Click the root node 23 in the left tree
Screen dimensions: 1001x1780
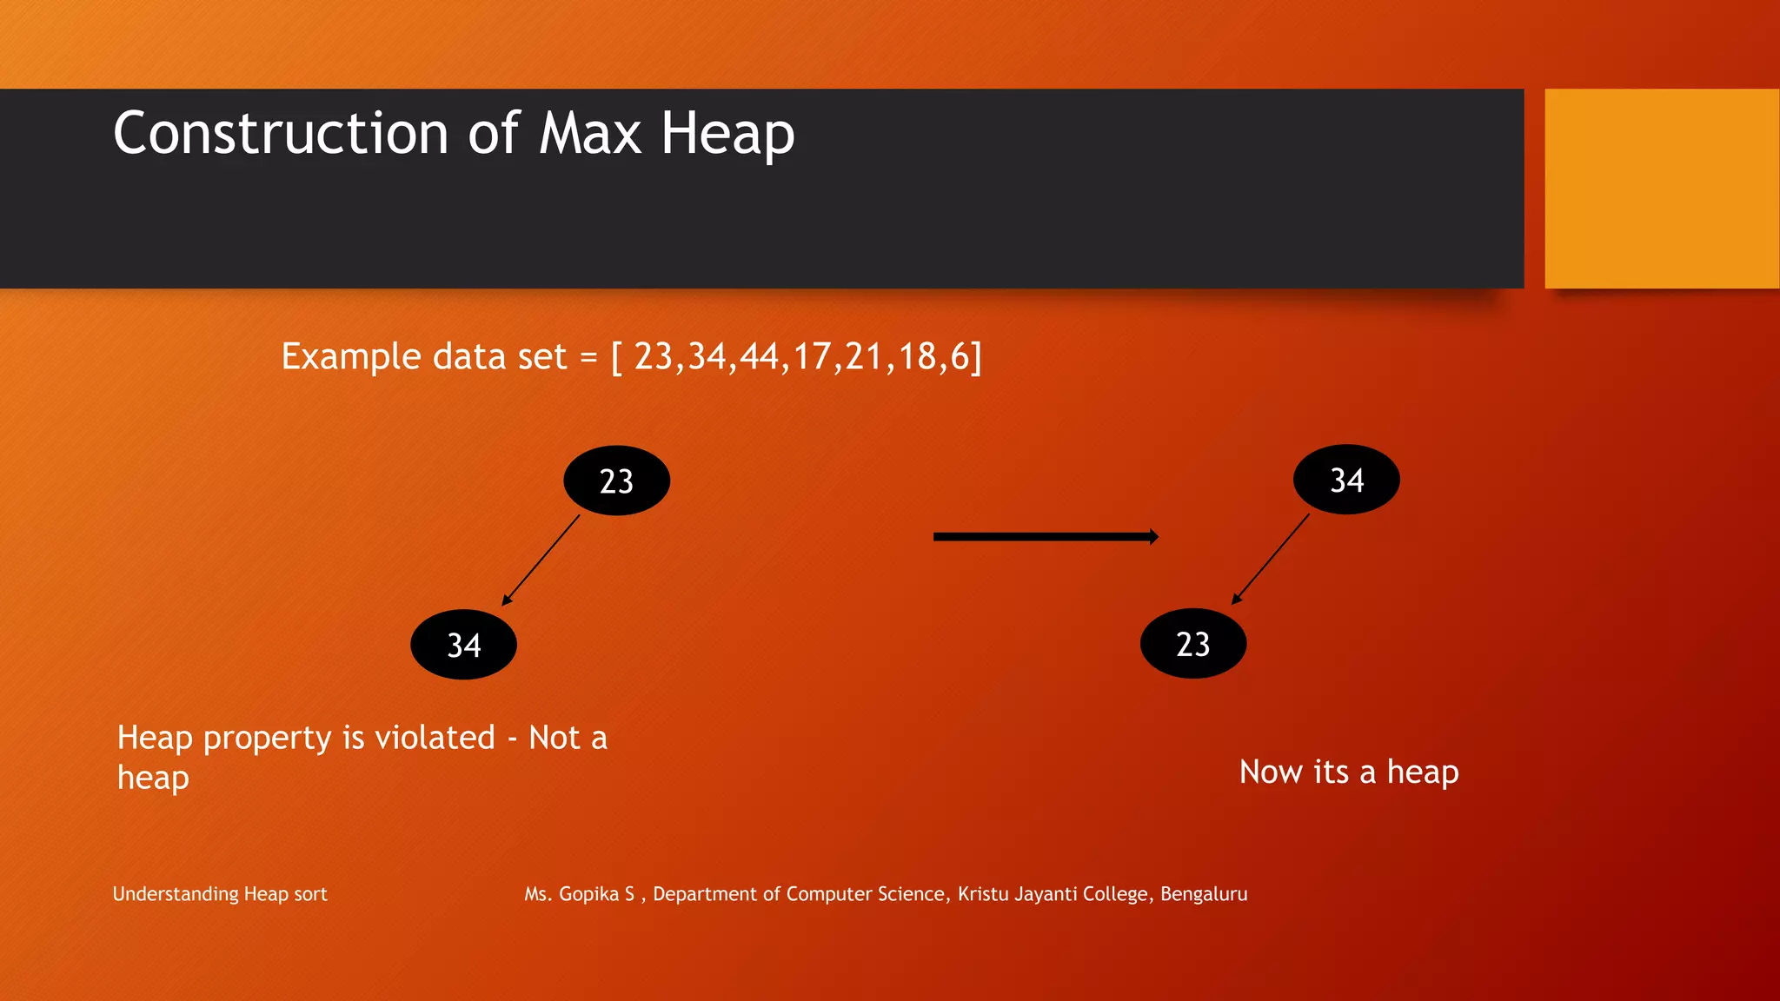pos(616,481)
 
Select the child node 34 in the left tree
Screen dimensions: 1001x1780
pos(463,645)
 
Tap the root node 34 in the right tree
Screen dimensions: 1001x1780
pos(1346,480)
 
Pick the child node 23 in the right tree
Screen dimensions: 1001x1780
pos(1192,644)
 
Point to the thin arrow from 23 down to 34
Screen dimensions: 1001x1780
pos(541,560)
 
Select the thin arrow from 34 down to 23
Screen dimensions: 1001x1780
pos(1270,560)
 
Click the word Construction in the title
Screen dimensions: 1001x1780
pos(281,134)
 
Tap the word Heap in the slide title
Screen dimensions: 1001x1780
pos(727,134)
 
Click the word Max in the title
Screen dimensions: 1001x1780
pos(590,134)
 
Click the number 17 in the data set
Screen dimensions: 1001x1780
pos(813,357)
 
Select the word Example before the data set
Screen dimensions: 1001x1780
pos(351,357)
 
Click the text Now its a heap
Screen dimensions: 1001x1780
pos(1348,772)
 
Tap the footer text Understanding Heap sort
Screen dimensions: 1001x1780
pos(220,894)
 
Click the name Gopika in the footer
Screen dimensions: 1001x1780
pos(588,894)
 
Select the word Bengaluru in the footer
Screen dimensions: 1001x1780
pos(1204,894)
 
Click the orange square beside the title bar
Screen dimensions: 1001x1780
pos(1662,189)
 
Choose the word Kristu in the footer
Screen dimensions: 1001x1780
pos(983,894)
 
